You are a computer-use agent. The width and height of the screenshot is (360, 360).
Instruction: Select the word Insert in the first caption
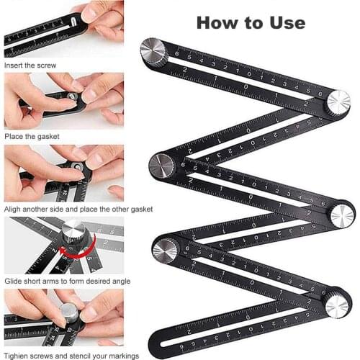tap(15, 65)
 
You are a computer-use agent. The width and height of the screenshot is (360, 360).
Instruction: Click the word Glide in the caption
tap(15, 281)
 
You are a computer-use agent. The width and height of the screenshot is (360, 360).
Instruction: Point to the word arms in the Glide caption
tap(53, 281)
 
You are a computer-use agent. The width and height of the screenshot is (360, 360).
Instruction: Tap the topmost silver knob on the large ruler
tap(153, 53)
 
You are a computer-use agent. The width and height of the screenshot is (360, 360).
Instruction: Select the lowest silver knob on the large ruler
tap(336, 304)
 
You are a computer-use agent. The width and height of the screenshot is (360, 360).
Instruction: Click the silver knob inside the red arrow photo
tap(72, 234)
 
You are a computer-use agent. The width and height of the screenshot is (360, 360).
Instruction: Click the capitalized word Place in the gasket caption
tap(14, 136)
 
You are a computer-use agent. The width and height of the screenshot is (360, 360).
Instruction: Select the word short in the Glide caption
tap(35, 281)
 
